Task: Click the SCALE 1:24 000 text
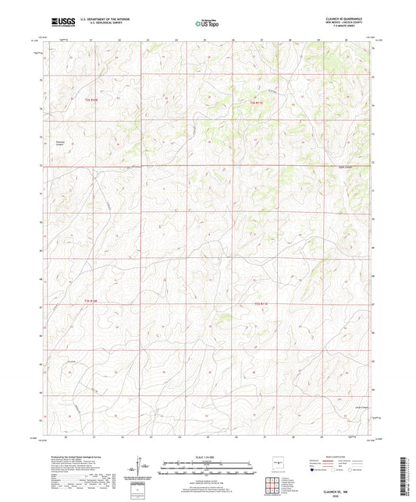[207, 457]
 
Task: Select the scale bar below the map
[207, 469]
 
